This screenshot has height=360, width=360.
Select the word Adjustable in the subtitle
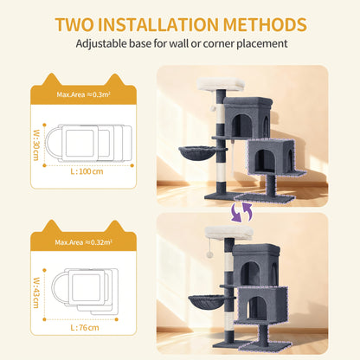pyautogui.click(x=101, y=43)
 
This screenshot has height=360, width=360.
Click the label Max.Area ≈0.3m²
pyautogui.click(x=83, y=94)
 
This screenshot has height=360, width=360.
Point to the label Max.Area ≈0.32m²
pyautogui.click(x=83, y=242)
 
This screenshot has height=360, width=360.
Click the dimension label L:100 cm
pyautogui.click(x=87, y=171)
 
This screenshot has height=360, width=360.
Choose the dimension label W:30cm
pyautogui.click(x=36, y=145)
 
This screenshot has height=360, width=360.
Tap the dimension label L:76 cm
pyautogui.click(x=85, y=328)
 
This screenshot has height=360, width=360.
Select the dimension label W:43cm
pyautogui.click(x=36, y=292)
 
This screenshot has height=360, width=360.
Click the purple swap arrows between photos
pyautogui.click(x=241, y=212)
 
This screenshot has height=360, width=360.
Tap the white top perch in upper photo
pyautogui.click(x=221, y=83)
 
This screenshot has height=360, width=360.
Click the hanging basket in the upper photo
pyautogui.click(x=198, y=153)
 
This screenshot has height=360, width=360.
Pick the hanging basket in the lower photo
pyautogui.click(x=207, y=301)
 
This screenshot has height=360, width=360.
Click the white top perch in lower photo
pyautogui.click(x=229, y=234)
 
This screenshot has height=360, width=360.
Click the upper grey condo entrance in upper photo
pyautogui.click(x=241, y=125)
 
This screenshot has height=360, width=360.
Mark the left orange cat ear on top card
pyautogui.click(x=51, y=80)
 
